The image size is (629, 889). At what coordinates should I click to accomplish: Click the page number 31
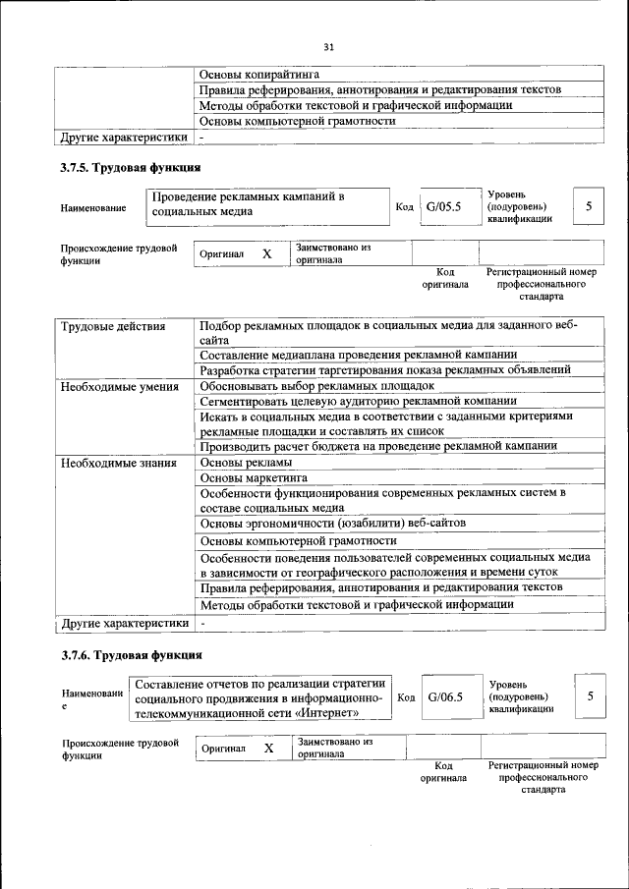tap(328, 46)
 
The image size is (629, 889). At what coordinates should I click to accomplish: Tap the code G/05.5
tap(443, 206)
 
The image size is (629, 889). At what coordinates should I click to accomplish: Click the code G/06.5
tap(445, 696)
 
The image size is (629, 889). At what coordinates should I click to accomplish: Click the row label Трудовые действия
tap(113, 326)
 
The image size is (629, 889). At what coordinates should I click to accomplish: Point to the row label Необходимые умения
tap(119, 386)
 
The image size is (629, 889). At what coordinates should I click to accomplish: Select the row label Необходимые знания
tap(118, 463)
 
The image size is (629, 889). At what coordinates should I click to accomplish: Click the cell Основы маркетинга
tap(255, 477)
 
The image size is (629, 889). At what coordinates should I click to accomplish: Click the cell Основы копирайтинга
tap(259, 74)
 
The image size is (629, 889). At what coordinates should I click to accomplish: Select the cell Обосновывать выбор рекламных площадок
tap(315, 386)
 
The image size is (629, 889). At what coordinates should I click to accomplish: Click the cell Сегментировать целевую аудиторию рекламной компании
tap(357, 401)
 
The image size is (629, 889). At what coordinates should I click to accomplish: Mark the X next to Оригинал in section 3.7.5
tap(266, 253)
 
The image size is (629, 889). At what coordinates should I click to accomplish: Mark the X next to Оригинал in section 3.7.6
tap(268, 748)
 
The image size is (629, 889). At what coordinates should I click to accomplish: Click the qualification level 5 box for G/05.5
tap(589, 206)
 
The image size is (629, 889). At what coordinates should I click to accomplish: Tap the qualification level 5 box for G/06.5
tap(591, 696)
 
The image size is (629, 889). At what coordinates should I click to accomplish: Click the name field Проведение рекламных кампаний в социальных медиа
tap(265, 204)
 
